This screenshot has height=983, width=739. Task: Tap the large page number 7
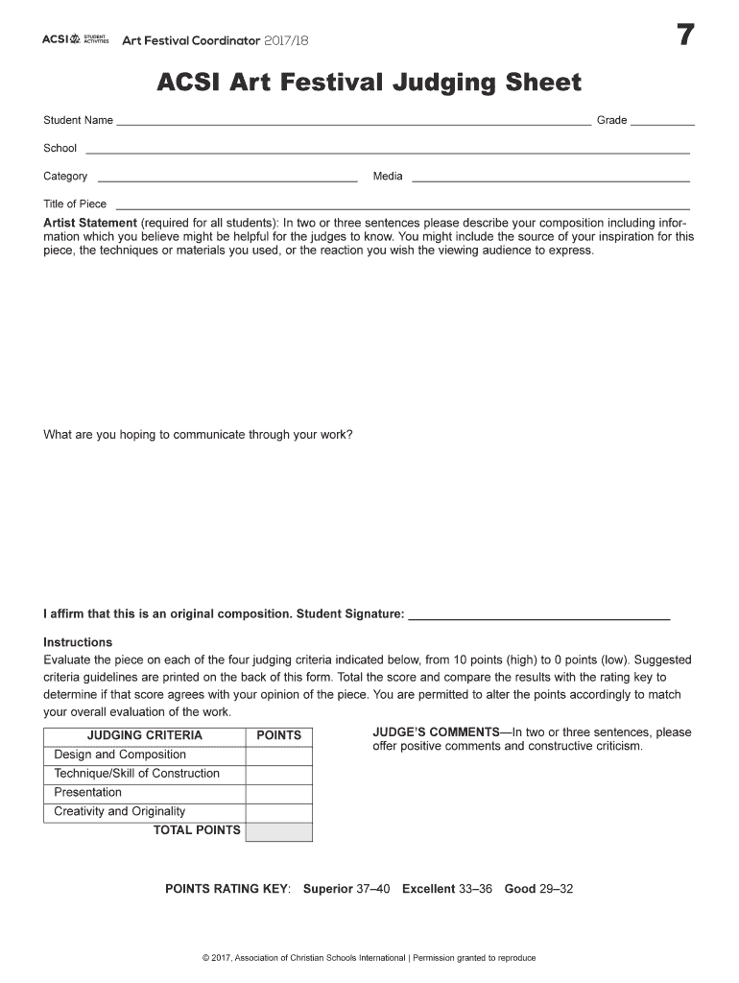684,36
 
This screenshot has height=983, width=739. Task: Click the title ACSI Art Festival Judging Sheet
369,84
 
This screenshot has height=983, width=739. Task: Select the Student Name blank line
353,124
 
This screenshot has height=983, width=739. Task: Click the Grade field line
662,124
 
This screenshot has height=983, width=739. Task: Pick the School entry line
388,152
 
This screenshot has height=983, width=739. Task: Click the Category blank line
227,180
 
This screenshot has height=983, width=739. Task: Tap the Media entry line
550,180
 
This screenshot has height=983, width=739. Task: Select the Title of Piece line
402,207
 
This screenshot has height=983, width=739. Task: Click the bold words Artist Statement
90,223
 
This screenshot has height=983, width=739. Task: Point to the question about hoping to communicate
198,435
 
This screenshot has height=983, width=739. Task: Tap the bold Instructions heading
78,642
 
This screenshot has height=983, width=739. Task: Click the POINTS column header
279,735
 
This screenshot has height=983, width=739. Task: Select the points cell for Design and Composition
279,755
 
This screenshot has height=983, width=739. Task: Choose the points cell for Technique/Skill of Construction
279,775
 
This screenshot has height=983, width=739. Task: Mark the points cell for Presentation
279,794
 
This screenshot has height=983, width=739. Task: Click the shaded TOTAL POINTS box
279,831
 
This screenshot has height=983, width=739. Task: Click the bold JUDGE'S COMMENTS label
430,732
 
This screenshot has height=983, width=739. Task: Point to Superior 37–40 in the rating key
346,889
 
